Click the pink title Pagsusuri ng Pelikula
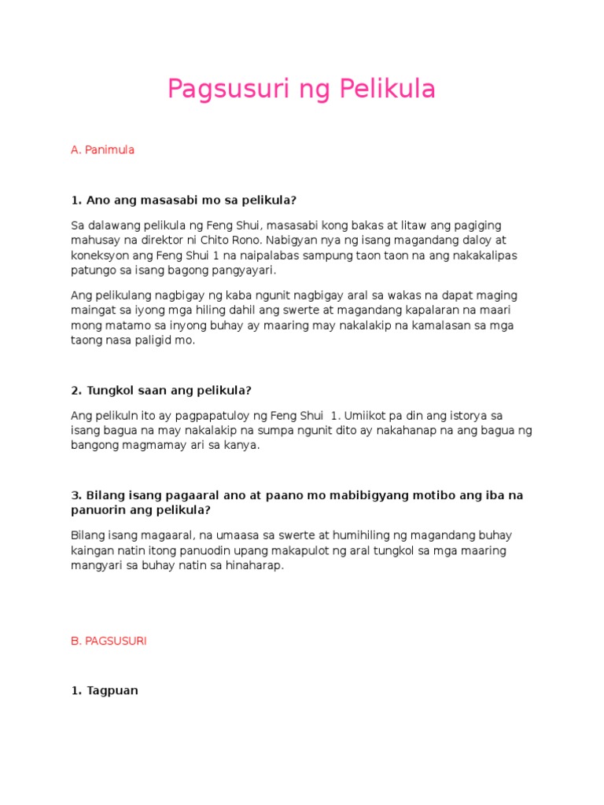click(x=301, y=90)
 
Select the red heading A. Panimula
click(x=102, y=149)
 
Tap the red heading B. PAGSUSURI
click(x=109, y=641)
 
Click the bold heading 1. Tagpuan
click(x=105, y=690)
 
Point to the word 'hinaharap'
click(x=251, y=565)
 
